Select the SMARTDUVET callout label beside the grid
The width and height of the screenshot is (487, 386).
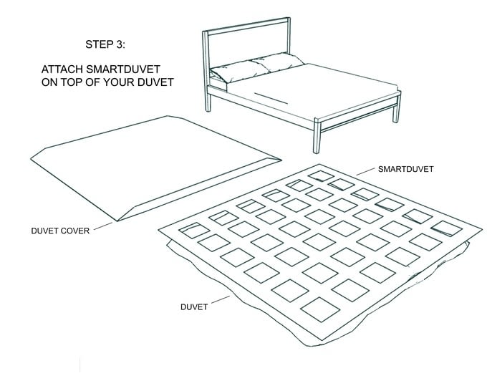click(x=406, y=170)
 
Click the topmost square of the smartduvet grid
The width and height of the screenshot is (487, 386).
click(x=319, y=175)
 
